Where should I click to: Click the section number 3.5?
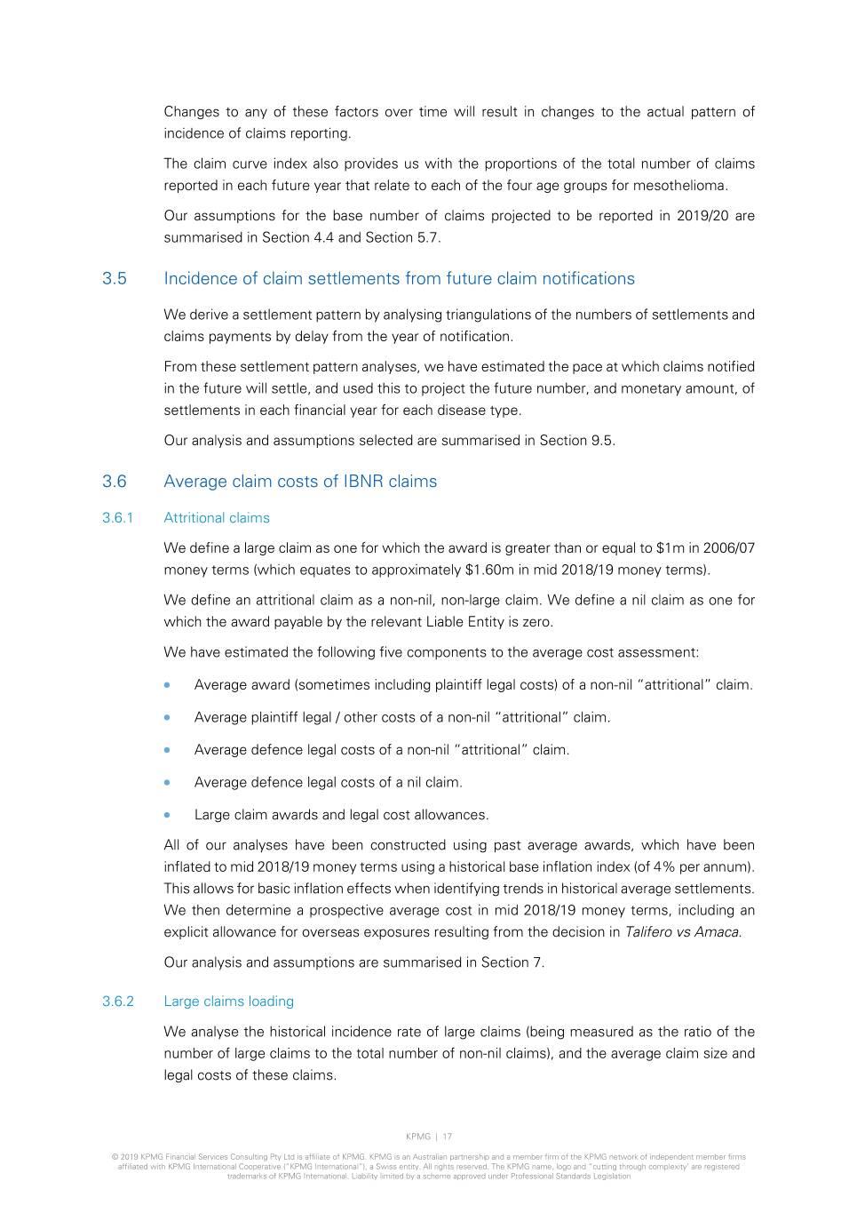tap(115, 279)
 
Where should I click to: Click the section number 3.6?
tap(115, 482)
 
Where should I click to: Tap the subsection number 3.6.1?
tap(117, 518)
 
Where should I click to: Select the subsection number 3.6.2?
tap(118, 1002)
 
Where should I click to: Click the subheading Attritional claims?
tap(217, 518)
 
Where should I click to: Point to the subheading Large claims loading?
tap(228, 1002)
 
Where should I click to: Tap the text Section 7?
tap(512, 962)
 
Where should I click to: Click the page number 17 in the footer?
tap(448, 1137)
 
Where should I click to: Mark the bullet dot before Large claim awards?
tap(167, 815)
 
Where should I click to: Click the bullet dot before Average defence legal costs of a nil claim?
tap(167, 782)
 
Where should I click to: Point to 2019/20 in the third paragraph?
tap(699, 216)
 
